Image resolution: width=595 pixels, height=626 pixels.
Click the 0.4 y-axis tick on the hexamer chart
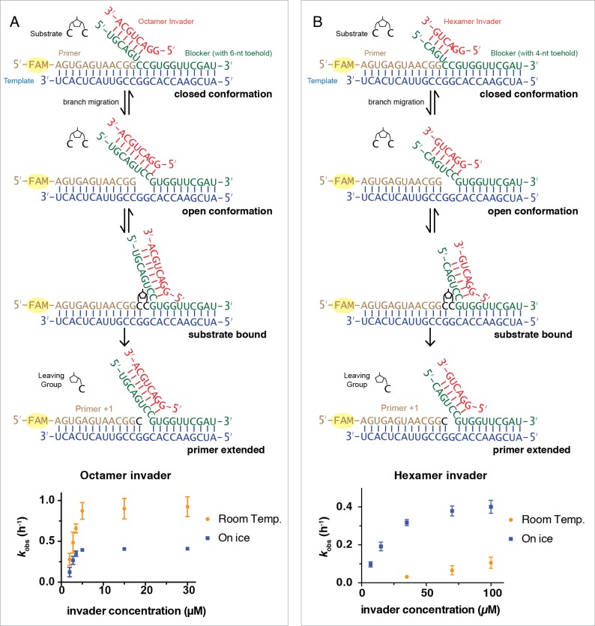point(343,508)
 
